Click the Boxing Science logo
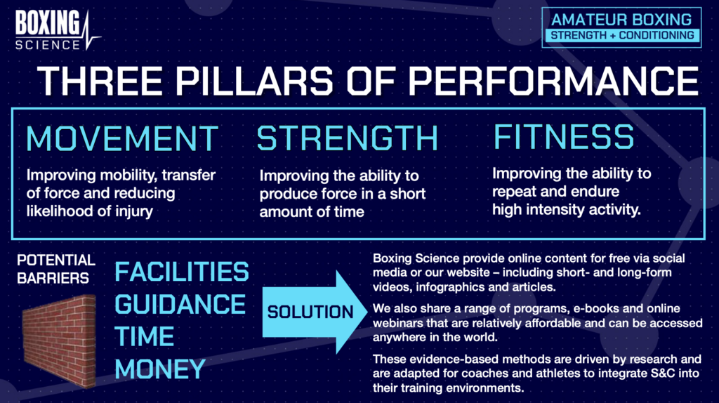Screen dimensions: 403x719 coord(56,30)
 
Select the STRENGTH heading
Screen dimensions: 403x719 coord(348,138)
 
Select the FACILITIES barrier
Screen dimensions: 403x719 coord(181,271)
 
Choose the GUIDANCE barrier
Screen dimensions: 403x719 coord(180,304)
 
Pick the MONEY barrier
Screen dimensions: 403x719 coord(160,369)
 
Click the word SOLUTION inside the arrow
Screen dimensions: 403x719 coord(310,311)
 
